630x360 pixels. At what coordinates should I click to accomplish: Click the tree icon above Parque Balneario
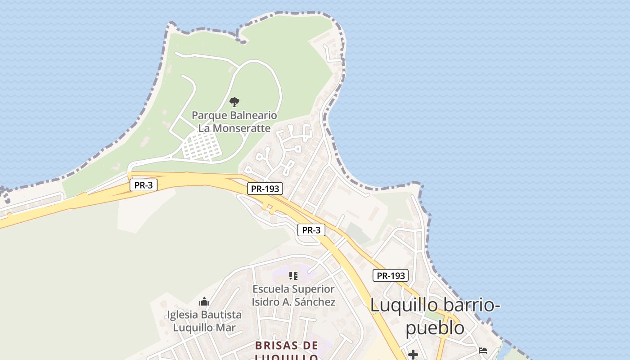point(234,102)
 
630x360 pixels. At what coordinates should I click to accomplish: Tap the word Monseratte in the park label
point(241,128)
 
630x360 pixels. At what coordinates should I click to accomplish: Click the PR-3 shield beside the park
point(144,185)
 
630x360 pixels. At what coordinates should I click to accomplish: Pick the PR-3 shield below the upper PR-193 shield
point(311,230)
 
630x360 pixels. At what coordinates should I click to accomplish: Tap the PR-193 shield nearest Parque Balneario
point(265,189)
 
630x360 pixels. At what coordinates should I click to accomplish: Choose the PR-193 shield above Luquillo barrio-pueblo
point(390,275)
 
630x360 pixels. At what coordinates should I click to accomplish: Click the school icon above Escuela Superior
point(293,275)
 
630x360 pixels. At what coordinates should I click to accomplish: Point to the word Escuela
point(273,289)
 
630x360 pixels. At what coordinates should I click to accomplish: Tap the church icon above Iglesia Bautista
point(204,301)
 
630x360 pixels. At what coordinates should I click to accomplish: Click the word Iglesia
point(183,315)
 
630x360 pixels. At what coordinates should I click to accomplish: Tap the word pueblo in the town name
point(435,327)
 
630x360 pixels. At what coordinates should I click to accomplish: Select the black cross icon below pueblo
point(413,355)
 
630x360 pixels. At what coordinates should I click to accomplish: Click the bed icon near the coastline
point(483,350)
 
